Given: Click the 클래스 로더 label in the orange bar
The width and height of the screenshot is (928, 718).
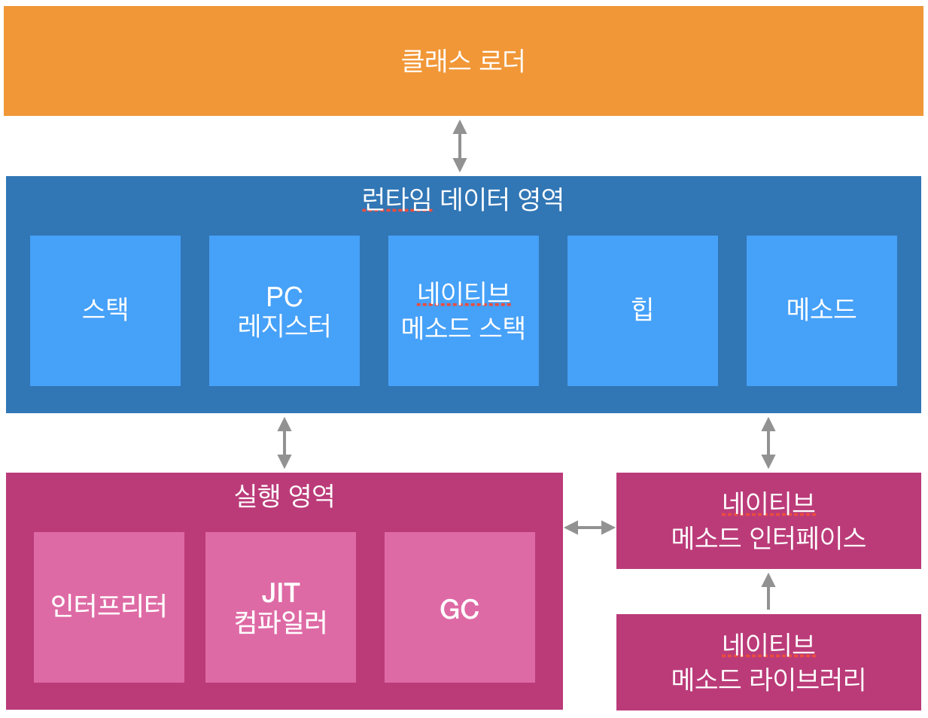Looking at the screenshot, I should pyautogui.click(x=463, y=61).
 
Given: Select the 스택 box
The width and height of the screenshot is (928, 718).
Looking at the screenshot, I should pyautogui.click(x=105, y=310).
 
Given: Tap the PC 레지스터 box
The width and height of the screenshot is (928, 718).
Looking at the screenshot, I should pyautogui.click(x=284, y=310).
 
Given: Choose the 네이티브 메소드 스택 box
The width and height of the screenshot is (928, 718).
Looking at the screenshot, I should pyautogui.click(x=464, y=310).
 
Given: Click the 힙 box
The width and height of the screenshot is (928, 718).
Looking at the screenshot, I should pyautogui.click(x=643, y=310).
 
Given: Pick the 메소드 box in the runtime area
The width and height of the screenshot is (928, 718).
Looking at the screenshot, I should pyautogui.click(x=822, y=310).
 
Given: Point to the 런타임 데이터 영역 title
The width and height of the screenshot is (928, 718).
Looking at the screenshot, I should pyautogui.click(x=463, y=199).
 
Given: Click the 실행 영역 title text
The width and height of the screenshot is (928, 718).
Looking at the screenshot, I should pyautogui.click(x=284, y=495).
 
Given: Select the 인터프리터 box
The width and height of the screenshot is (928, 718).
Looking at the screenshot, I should pyautogui.click(x=109, y=607).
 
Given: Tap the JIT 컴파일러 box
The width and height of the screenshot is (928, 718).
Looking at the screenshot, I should pyautogui.click(x=281, y=607).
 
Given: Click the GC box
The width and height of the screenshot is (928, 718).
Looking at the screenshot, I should pyautogui.click(x=460, y=607).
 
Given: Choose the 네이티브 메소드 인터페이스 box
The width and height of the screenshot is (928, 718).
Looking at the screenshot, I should pyautogui.click(x=768, y=520).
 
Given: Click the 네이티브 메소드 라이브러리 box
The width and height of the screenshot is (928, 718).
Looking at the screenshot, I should pyautogui.click(x=768, y=662).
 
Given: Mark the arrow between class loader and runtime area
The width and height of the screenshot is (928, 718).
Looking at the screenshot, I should pyautogui.click(x=460, y=145).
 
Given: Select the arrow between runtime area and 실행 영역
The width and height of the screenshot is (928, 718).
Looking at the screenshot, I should pyautogui.click(x=284, y=443).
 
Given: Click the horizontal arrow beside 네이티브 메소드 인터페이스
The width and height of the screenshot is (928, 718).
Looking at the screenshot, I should pyautogui.click(x=589, y=528).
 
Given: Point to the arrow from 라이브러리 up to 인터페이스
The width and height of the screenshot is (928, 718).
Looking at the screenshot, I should pyautogui.click(x=768, y=591).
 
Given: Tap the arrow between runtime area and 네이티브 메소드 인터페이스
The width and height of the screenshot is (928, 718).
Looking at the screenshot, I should pyautogui.click(x=768, y=443).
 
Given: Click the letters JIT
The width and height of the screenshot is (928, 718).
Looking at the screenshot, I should pyautogui.click(x=281, y=593).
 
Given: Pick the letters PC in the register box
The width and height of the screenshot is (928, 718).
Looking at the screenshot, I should pyautogui.click(x=284, y=297).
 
